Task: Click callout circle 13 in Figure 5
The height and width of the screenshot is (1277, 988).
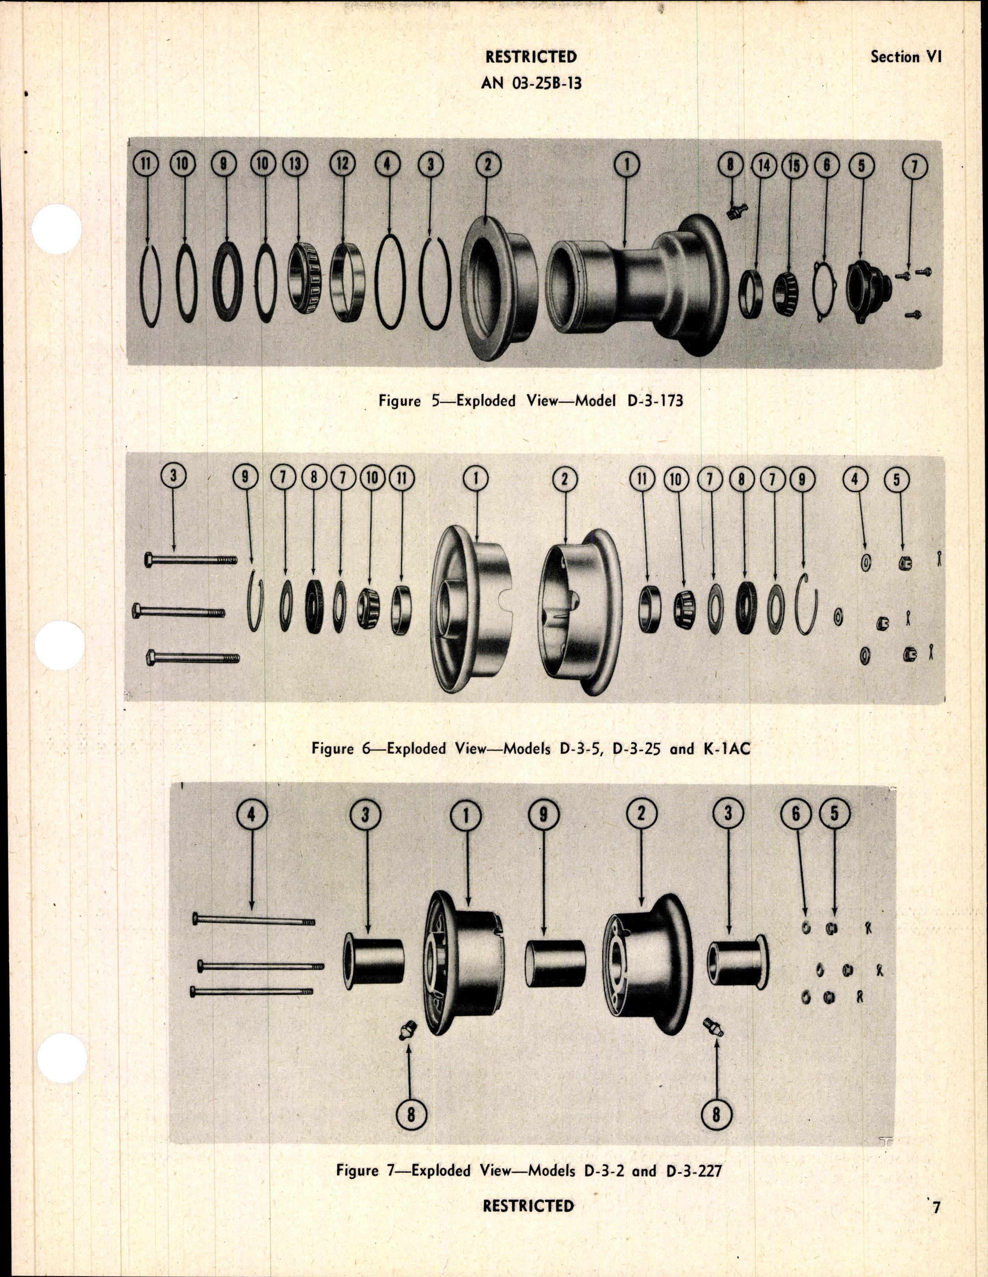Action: coord(296,165)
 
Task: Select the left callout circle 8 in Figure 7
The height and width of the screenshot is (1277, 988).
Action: coord(411,1099)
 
